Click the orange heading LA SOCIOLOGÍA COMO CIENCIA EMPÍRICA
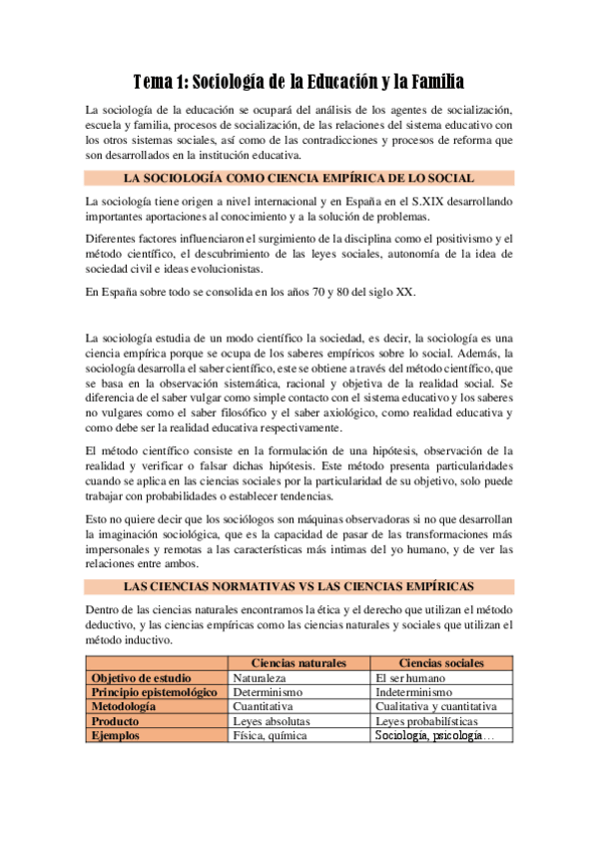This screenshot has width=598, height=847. tap(299, 178)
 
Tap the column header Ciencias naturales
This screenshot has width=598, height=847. tap(299, 662)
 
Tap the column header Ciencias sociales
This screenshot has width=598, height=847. tap(441, 662)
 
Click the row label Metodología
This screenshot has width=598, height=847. tap(124, 706)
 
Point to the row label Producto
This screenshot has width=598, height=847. tap(115, 720)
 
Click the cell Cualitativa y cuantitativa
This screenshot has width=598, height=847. tap(435, 706)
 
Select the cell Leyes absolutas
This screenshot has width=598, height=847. tap(272, 720)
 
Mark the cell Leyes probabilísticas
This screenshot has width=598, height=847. tap(426, 720)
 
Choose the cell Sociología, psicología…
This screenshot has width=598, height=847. tap(432, 735)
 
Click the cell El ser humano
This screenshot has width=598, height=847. tap(409, 677)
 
